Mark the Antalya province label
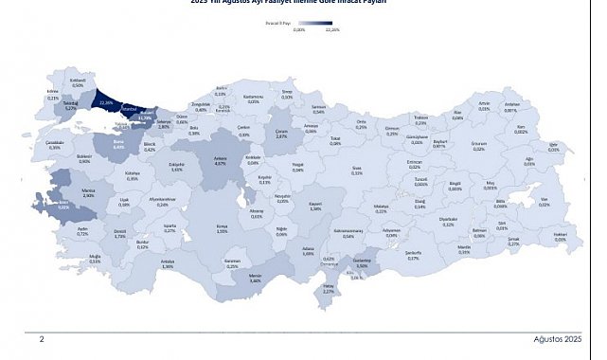(168, 264)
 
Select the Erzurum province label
(478, 146)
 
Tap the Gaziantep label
(361, 262)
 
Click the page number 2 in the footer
(41, 337)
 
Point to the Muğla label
(95, 257)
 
